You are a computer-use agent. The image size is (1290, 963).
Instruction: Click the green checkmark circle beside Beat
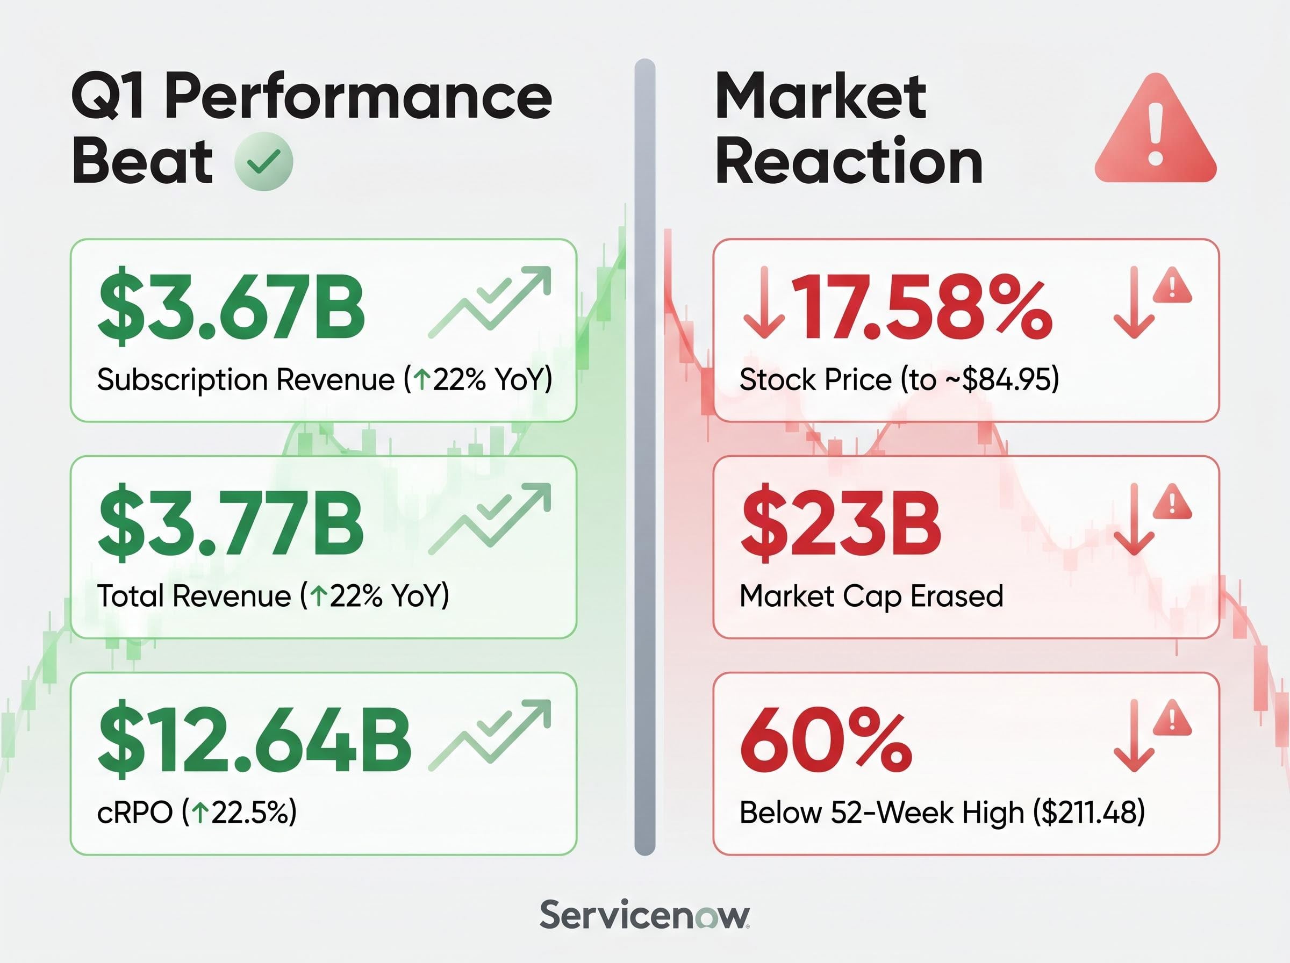coord(263,161)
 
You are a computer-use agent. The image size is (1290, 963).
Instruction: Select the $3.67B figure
coord(232,305)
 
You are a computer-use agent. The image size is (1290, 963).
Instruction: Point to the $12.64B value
coord(255,739)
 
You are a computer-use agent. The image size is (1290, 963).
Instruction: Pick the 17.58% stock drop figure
coord(921,305)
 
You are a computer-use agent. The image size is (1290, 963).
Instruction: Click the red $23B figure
coord(841,522)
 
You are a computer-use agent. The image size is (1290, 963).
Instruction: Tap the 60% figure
coord(826,739)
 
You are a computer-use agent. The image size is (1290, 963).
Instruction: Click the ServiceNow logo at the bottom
coord(644,915)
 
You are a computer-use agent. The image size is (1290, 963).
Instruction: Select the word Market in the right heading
coord(821,96)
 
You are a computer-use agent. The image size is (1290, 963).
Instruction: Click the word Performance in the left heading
coord(359,96)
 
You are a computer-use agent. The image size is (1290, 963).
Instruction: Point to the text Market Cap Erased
coord(871,597)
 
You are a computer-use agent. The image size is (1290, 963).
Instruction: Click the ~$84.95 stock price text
coord(1001,379)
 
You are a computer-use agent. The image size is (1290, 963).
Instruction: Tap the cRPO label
coord(135,813)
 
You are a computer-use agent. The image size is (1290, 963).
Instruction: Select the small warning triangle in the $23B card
coord(1172,503)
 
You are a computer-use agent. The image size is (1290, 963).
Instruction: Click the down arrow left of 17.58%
coord(764,303)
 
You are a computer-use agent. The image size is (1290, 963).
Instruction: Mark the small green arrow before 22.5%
coord(199,813)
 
